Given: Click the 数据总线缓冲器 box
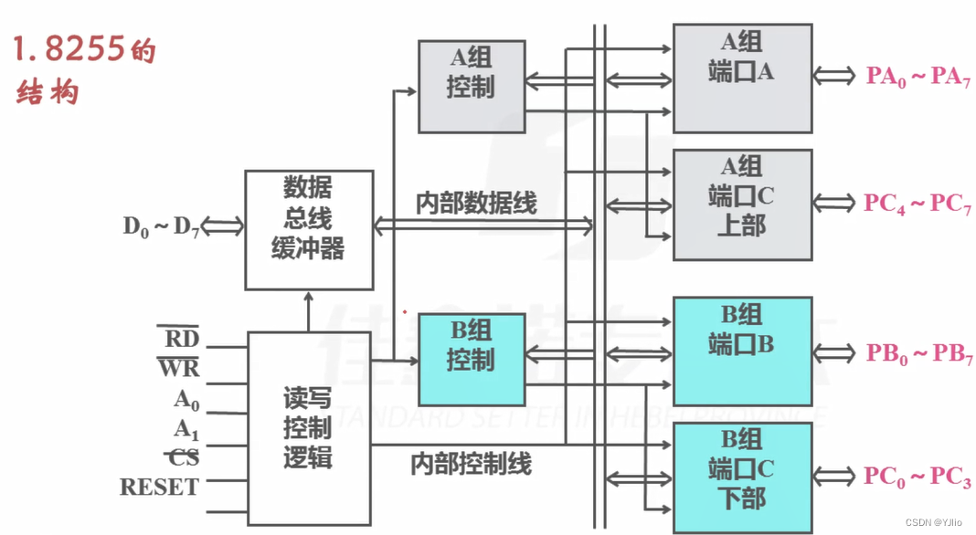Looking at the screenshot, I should tap(308, 229).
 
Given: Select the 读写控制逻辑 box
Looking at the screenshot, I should tap(309, 427).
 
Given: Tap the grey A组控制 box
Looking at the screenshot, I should tap(472, 86).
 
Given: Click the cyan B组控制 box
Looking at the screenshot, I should tap(472, 360).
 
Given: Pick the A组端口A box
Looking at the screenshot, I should tap(742, 77).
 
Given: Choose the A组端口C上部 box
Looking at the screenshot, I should tap(742, 205).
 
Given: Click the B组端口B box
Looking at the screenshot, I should tap(742, 351).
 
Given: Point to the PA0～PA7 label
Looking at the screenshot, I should tap(918, 77).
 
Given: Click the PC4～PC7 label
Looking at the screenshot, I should tap(918, 204).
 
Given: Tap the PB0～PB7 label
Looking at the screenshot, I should tap(918, 354).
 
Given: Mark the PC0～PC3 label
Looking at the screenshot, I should tap(918, 477).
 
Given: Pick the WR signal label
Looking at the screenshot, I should tap(179, 369).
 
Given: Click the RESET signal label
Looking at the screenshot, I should tap(159, 487).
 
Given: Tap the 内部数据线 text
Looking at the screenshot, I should tap(476, 203).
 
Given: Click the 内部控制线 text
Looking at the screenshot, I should tap(471, 464).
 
